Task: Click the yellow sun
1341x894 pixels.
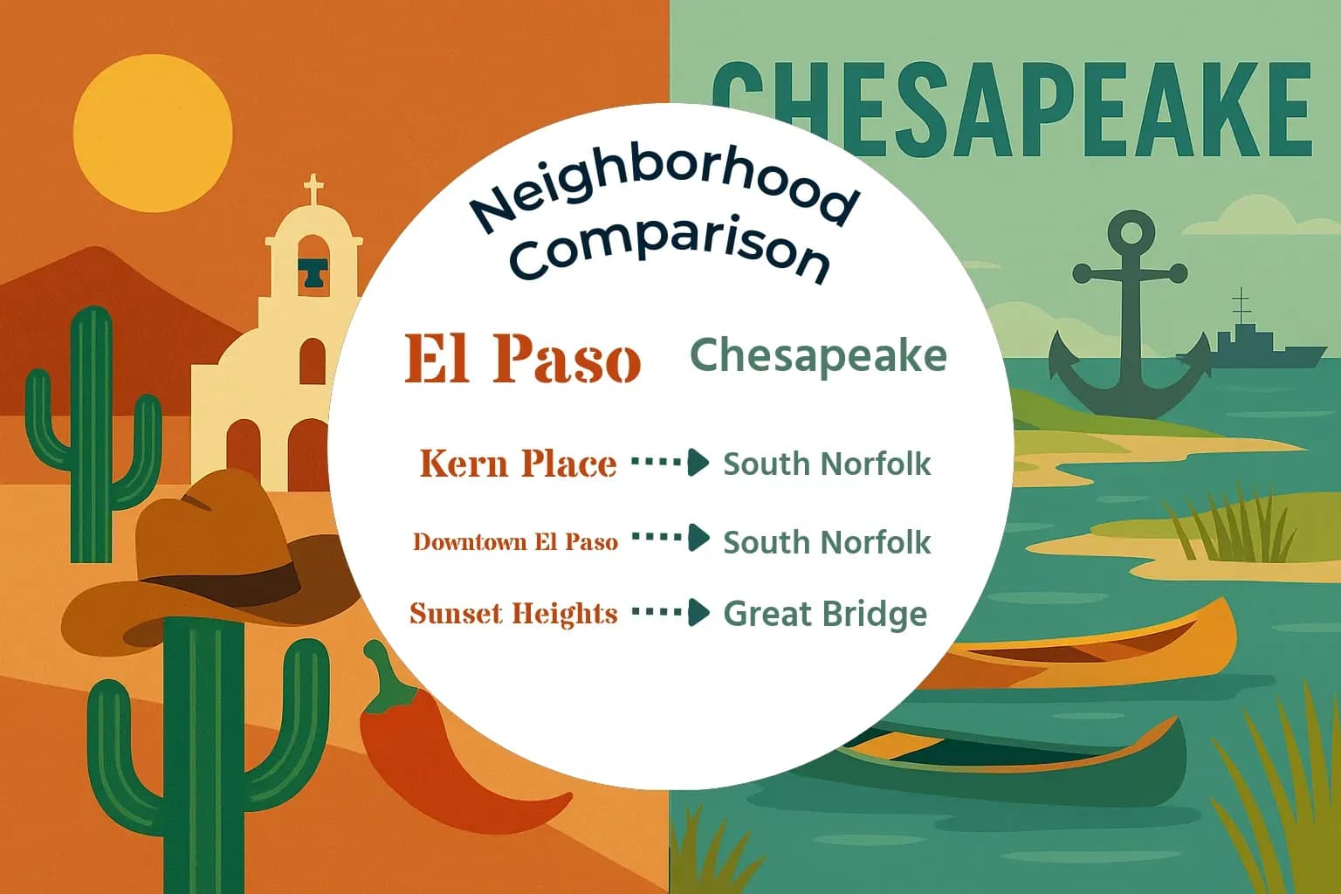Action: (153, 133)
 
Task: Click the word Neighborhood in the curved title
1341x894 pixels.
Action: (664, 188)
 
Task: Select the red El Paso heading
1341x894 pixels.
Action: (523, 359)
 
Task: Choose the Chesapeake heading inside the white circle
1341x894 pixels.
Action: (818, 355)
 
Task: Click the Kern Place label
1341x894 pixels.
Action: (518, 464)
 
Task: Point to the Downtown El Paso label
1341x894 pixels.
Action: (515, 542)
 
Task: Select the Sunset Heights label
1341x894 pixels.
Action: (513, 614)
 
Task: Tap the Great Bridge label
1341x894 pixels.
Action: (825, 614)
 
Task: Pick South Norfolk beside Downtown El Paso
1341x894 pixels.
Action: (827, 542)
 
